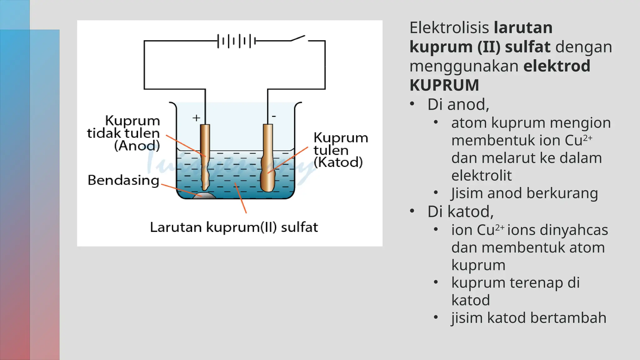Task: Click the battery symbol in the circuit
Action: (x=237, y=41)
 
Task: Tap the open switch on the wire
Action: (x=299, y=39)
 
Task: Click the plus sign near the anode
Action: (x=196, y=118)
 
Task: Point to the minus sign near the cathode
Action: (x=274, y=116)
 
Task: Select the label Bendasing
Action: (x=123, y=180)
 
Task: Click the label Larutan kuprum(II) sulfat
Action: (x=234, y=227)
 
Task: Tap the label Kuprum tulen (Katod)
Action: (x=340, y=150)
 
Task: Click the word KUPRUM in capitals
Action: (x=444, y=85)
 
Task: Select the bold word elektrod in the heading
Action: (x=557, y=66)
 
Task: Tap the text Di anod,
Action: (x=458, y=104)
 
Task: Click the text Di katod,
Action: (x=460, y=212)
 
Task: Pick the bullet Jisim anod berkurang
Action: (x=524, y=193)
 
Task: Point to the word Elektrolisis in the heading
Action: (x=449, y=28)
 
